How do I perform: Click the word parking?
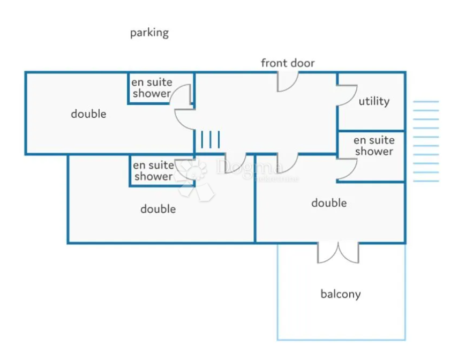tap(149, 33)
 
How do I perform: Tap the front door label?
tap(288, 63)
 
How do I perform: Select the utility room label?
tap(374, 101)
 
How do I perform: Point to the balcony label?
tap(340, 294)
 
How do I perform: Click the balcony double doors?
tap(337, 252)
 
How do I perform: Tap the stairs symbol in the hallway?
tap(210, 140)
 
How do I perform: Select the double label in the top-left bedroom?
tap(88, 114)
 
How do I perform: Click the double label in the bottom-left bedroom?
tap(158, 209)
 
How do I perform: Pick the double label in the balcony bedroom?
tap(329, 203)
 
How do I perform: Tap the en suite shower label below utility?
tap(374, 146)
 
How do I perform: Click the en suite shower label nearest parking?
tap(152, 88)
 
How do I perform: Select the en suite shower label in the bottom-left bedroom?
tap(153, 171)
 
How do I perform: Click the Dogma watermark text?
tap(250, 168)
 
